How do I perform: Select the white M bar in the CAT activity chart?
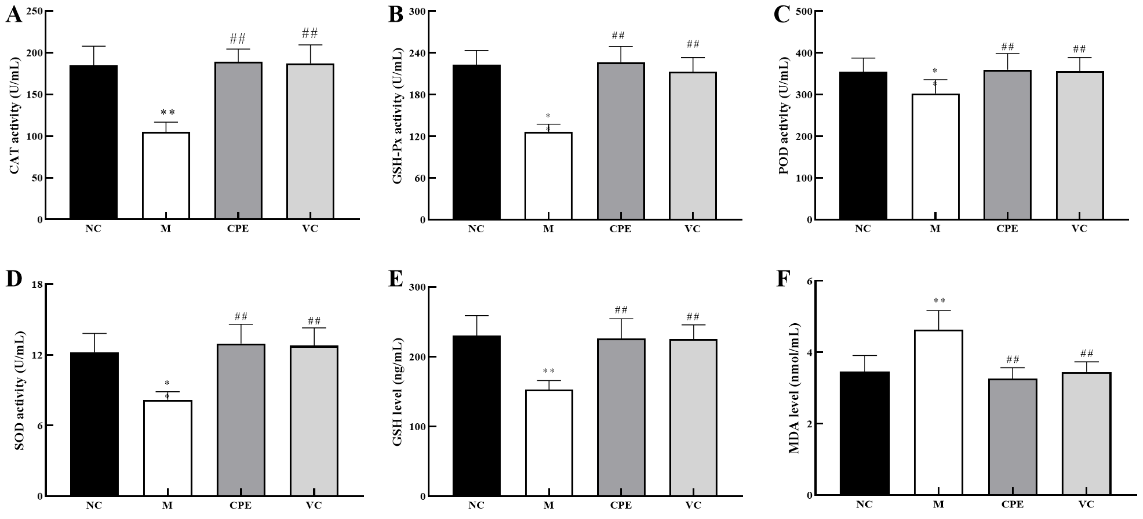(x=166, y=175)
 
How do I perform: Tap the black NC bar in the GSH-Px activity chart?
(x=476, y=142)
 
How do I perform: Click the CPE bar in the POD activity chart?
(x=1007, y=145)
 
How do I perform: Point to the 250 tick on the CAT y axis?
(x=35, y=11)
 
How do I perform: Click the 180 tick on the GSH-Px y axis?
(x=418, y=95)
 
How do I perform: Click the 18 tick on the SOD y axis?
(x=36, y=284)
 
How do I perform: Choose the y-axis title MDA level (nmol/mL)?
(x=794, y=388)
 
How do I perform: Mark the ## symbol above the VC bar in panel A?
(x=310, y=33)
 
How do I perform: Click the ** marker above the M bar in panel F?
(x=939, y=301)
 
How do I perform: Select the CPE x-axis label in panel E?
(x=621, y=505)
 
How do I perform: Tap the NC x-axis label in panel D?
(x=94, y=505)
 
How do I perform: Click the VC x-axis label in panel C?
(x=1079, y=229)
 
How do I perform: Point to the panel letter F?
(x=783, y=279)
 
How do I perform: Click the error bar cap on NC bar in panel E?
(x=477, y=316)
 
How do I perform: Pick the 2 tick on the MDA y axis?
(x=808, y=424)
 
